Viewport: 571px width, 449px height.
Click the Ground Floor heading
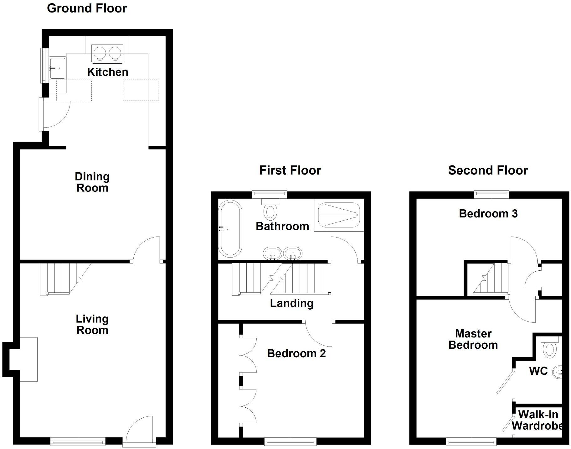coord(87,8)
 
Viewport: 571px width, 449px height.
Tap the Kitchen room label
coord(107,72)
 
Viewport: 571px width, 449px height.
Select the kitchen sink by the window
coord(58,68)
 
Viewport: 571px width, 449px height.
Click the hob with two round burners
coord(107,53)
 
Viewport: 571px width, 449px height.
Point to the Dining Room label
coord(92,182)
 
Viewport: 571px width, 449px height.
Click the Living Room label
coord(92,324)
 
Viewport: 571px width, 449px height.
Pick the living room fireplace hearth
coord(29,359)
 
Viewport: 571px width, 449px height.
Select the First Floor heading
coord(290,170)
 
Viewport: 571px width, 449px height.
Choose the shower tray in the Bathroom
coord(339,215)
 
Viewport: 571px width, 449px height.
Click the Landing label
coord(291,303)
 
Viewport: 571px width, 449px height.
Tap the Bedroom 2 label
coord(296,353)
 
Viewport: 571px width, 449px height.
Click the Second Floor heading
coord(488,170)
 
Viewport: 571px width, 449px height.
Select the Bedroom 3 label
coord(488,214)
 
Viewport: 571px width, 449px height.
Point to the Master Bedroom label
coord(473,339)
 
